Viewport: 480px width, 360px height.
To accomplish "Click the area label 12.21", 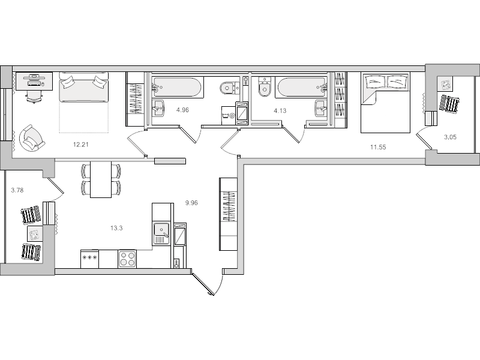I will pyautogui.click(x=80, y=145).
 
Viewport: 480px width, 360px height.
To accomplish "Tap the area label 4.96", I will pyautogui.click(x=182, y=110).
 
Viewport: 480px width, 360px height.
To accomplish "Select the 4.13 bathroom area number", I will pyautogui.click(x=280, y=110).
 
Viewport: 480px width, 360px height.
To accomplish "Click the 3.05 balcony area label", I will pyautogui.click(x=450, y=137).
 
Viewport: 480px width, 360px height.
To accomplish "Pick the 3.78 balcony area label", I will pyautogui.click(x=17, y=191).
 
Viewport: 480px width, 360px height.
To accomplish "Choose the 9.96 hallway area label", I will pyautogui.click(x=191, y=203).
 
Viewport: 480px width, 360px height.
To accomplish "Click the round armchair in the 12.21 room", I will pyautogui.click(x=29, y=139).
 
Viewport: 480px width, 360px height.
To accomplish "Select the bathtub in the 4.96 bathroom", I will pyautogui.click(x=176, y=87).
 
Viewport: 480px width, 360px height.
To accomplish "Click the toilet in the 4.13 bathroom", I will pyautogui.click(x=263, y=89).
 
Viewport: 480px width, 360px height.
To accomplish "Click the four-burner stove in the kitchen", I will pyautogui.click(x=127, y=259).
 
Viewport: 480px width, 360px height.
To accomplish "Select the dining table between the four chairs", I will pyautogui.click(x=101, y=179).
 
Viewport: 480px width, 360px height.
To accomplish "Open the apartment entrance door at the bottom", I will pyautogui.click(x=204, y=284).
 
